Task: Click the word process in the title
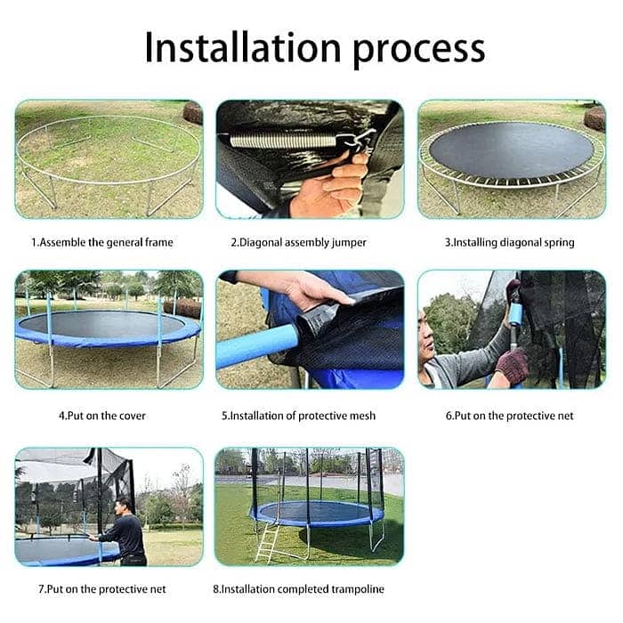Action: (x=418, y=49)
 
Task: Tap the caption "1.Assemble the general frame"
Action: (x=102, y=242)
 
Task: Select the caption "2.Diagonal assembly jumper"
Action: (x=298, y=242)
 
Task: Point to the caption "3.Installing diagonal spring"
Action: (x=510, y=242)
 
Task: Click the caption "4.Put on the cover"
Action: (x=102, y=415)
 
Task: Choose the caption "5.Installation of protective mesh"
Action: (x=298, y=415)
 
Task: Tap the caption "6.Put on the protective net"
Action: (x=510, y=415)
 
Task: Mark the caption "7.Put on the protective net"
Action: (x=102, y=589)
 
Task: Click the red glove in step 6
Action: (x=512, y=365)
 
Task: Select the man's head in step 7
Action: (x=124, y=505)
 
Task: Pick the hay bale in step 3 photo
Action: (x=595, y=117)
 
